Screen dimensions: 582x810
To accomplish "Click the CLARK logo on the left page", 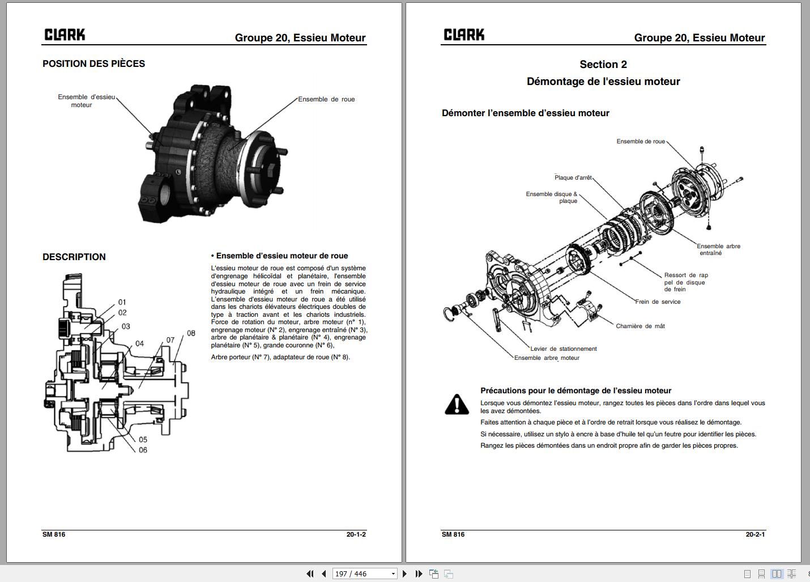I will (x=65, y=35).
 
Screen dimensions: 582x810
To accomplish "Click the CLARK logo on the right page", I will (x=464, y=35).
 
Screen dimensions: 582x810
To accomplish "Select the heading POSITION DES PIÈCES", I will (x=93, y=64).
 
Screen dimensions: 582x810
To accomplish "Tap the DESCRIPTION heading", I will (x=74, y=257).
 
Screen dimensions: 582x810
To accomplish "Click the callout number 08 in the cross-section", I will (x=191, y=333).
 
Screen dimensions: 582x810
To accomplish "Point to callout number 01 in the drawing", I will (x=122, y=302).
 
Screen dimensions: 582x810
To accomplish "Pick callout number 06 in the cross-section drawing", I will (x=143, y=450).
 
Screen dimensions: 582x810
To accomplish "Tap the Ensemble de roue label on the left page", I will (x=326, y=99).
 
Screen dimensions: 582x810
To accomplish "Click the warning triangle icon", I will (x=457, y=405).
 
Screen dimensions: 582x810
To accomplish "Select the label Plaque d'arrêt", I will (x=573, y=177).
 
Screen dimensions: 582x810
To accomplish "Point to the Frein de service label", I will (x=658, y=301).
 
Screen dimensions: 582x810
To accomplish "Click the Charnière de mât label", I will (x=640, y=326).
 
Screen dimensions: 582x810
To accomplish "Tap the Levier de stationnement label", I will (x=564, y=349).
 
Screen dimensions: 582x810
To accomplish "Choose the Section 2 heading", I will (x=603, y=65).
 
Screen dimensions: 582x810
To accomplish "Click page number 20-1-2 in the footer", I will (x=356, y=534).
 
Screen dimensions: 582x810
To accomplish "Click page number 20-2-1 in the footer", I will (x=755, y=534).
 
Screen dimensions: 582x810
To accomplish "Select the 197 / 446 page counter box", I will (x=364, y=573).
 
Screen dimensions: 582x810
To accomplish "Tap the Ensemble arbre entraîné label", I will (x=718, y=249).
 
